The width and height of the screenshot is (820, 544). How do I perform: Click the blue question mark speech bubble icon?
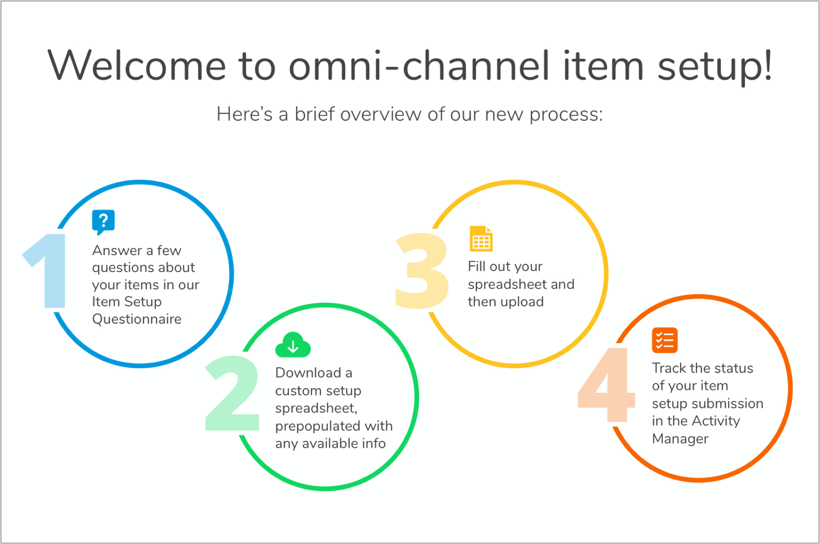click(103, 221)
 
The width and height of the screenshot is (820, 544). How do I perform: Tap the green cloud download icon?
click(293, 345)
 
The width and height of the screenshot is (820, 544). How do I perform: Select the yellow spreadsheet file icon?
click(481, 239)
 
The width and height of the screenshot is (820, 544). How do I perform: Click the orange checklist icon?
click(665, 340)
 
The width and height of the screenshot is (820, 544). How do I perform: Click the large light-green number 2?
click(232, 393)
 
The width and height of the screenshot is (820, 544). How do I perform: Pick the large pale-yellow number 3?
click(421, 271)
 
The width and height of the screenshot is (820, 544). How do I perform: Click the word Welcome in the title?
click(137, 66)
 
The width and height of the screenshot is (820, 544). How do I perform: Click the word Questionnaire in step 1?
click(137, 319)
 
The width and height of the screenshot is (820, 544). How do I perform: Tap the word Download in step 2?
click(308, 373)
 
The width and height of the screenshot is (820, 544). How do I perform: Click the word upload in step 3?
click(522, 302)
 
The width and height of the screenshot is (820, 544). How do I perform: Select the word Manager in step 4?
click(680, 439)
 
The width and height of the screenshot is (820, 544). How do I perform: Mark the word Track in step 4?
click(669, 368)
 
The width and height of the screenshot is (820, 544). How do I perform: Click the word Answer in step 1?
click(117, 250)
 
